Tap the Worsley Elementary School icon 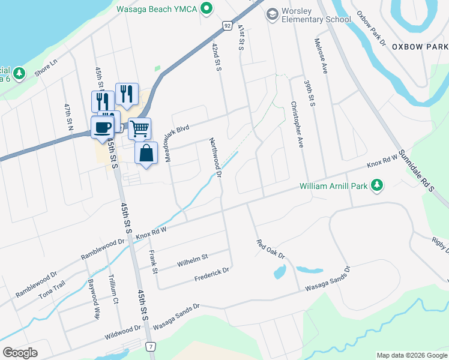[x=273, y=13]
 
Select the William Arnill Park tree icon [x=377, y=186]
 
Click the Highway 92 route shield [x=226, y=26]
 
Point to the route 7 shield [x=151, y=347]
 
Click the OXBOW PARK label [x=419, y=46]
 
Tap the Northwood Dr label [x=216, y=158]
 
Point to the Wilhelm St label [x=192, y=260]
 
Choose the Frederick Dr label [x=212, y=275]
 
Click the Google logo [x=20, y=353]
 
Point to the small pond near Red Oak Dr [x=280, y=272]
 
